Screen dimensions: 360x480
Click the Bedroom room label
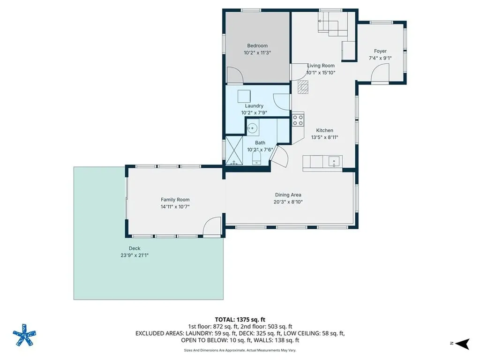(257, 46)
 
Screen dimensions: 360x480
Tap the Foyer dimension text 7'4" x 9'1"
(380, 58)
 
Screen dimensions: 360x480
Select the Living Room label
(321, 66)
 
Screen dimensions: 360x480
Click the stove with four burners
(298, 120)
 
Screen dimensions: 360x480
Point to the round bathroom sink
(253, 127)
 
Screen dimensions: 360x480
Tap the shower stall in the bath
(232, 150)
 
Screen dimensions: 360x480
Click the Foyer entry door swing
(380, 73)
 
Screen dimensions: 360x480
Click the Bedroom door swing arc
(235, 75)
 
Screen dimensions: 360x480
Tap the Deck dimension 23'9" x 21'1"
(135, 255)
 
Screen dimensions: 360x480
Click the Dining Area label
(288, 195)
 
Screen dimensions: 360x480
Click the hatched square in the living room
(304, 87)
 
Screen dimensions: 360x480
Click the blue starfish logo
(24, 335)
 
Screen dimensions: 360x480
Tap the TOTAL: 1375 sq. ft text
(240, 320)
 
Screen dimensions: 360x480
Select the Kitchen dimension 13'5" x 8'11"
(324, 137)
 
